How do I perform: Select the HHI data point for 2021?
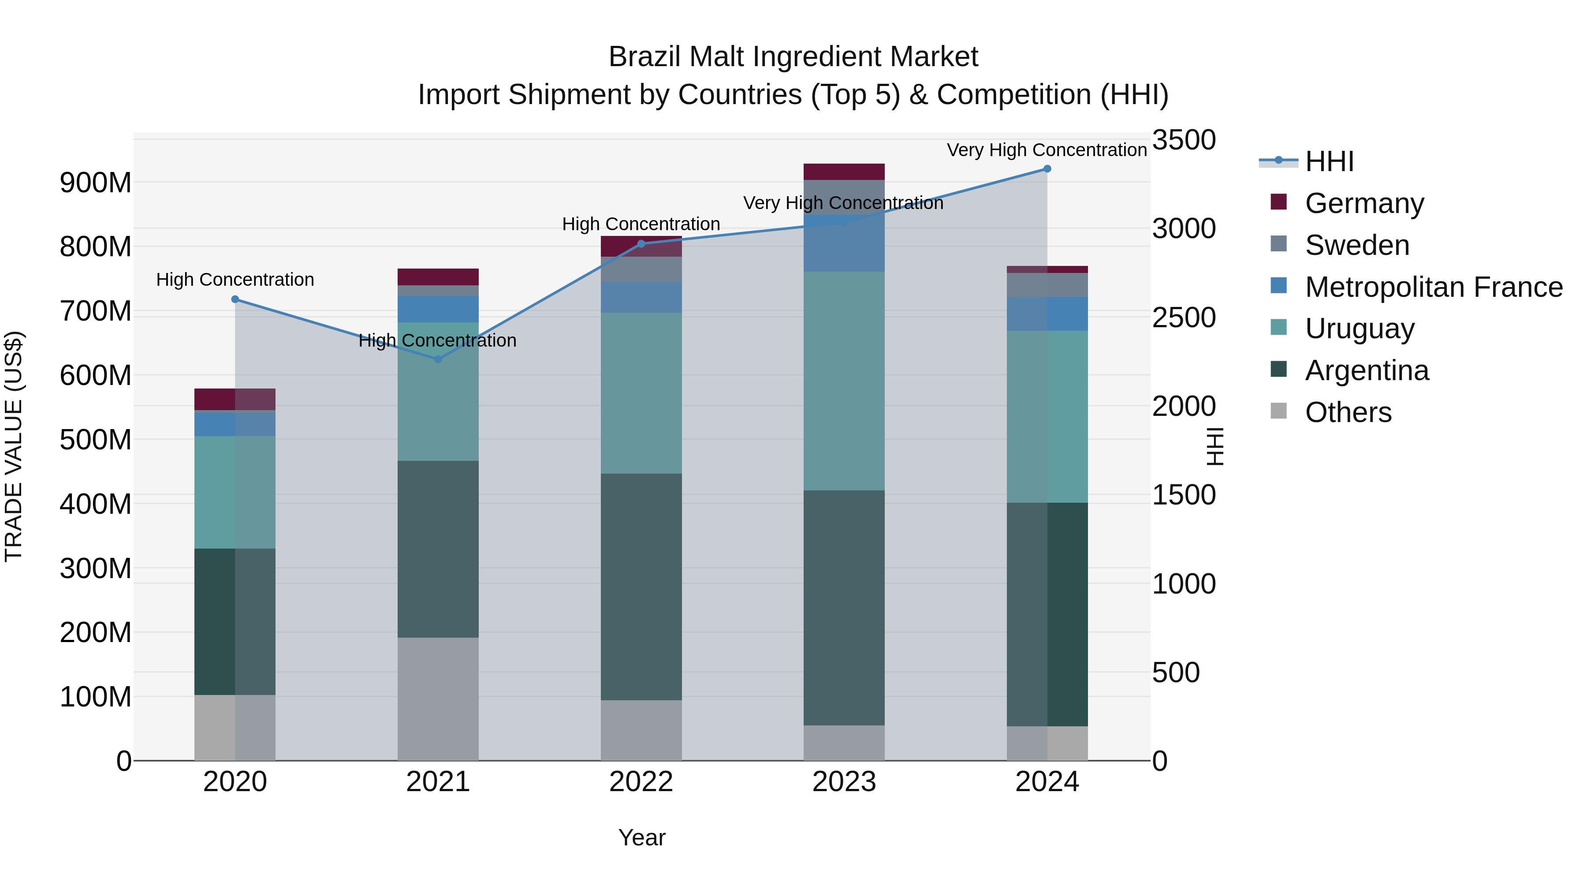point(438,359)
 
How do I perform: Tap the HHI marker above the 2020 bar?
point(235,299)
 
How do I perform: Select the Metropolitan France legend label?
point(1434,287)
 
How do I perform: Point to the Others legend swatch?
point(1278,411)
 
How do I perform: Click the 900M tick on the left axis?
point(96,183)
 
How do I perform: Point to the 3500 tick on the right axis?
point(1184,140)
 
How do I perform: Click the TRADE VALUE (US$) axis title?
point(14,446)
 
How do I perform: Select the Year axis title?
point(641,837)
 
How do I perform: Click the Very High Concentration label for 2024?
point(1046,150)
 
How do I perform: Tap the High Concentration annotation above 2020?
point(235,280)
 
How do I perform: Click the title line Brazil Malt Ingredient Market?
point(793,57)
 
